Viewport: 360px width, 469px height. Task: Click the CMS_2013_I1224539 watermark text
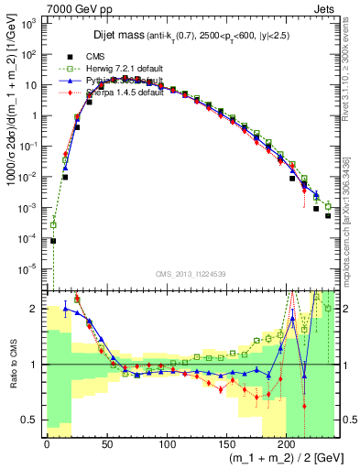coord(191,273)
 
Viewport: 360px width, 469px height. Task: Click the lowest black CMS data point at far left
coord(53,241)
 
